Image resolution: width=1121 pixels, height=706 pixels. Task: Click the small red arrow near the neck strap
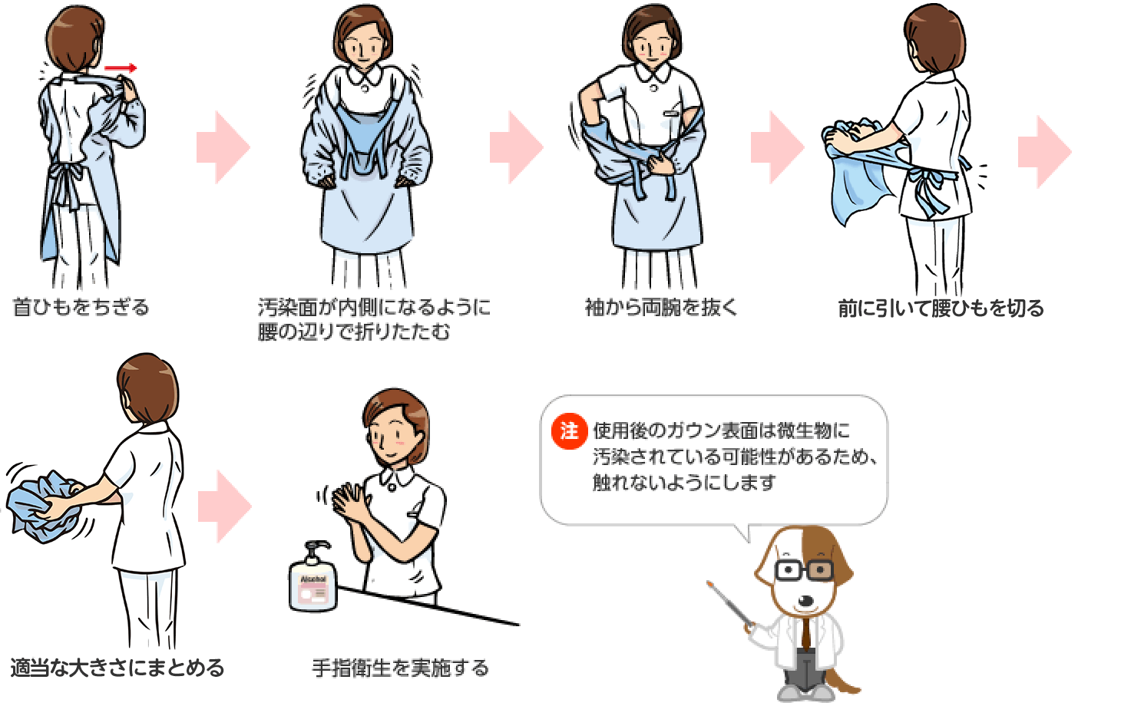coord(120,68)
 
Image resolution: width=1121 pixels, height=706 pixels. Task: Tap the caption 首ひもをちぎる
coord(81,307)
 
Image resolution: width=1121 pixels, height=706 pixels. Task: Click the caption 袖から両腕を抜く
coord(661,307)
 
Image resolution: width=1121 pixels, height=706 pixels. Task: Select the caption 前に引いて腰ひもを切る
coord(941,308)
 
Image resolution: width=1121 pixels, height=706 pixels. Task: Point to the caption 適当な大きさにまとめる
coord(117,668)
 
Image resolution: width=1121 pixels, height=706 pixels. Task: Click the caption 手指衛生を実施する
coord(400,668)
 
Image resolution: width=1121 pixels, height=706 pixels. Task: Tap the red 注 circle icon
coord(569,431)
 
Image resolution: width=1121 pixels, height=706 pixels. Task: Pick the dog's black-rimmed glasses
coord(804,570)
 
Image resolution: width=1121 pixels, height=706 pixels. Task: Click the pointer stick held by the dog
coord(731,605)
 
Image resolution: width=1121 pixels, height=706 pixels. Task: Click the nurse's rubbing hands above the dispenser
coord(349,501)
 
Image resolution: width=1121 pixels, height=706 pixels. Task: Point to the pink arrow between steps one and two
coord(223,147)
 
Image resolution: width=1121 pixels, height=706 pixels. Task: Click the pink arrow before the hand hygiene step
coord(225,506)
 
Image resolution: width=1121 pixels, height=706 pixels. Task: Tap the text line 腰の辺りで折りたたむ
coord(354,332)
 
